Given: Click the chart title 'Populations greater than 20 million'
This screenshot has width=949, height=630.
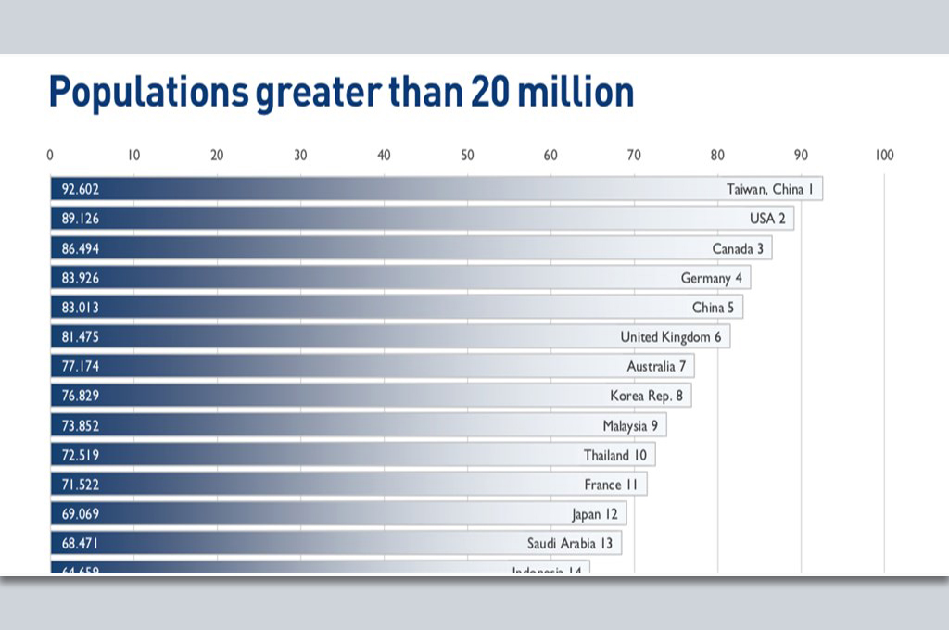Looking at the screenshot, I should point(341,94).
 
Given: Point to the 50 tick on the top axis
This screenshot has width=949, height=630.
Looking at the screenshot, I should point(467,156).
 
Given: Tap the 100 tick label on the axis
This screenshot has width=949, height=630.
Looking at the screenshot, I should point(884,156).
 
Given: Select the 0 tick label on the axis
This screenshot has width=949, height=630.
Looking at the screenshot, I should point(50,156).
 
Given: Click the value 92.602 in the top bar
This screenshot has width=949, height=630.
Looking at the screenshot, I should point(81,189).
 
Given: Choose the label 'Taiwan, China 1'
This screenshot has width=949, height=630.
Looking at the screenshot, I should point(769,189).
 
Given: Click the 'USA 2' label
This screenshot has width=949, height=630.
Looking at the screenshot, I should point(767,219).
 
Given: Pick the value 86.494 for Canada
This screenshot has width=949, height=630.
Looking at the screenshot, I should point(81,248).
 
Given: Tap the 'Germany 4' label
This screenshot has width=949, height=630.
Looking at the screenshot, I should point(711,278).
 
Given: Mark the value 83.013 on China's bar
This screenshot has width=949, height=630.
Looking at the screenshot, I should point(81,308).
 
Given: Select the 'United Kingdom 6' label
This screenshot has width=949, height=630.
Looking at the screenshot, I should point(670,337).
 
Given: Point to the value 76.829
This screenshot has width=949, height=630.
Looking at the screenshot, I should point(81,396).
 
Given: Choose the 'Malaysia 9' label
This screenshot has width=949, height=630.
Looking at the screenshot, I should point(630,426).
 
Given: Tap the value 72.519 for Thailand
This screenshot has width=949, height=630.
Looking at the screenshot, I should point(81,455).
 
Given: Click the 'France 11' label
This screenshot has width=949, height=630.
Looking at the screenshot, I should point(610,485).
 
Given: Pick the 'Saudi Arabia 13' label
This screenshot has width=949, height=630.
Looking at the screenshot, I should point(570,544).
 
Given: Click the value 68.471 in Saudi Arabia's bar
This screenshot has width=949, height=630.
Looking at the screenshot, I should point(81,544).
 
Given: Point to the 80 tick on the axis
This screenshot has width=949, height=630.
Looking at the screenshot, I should point(717,156).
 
